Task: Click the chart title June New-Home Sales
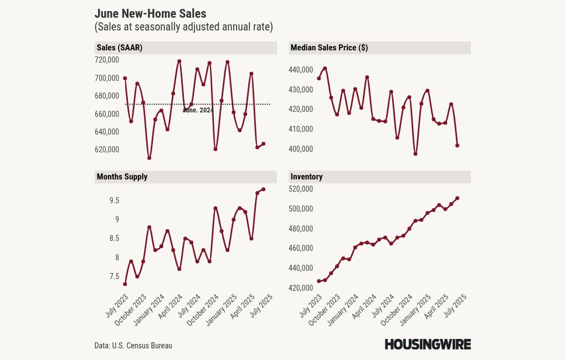pyautogui.click(x=150, y=14)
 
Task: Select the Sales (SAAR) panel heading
pyautogui.click(x=119, y=48)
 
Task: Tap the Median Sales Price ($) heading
pyautogui.click(x=329, y=48)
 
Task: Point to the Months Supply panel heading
pyautogui.click(x=122, y=177)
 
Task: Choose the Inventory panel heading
pyautogui.click(x=306, y=177)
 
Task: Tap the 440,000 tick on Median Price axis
pyautogui.click(x=301, y=70)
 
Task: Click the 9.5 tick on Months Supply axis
pyautogui.click(x=114, y=200)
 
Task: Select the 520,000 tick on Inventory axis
pyautogui.click(x=301, y=189)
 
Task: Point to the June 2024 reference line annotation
pyautogui.click(x=198, y=110)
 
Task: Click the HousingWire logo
pyautogui.click(x=428, y=344)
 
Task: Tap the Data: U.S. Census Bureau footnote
pyautogui.click(x=133, y=346)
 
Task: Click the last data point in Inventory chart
pyautogui.click(x=458, y=198)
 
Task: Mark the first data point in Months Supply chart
pyautogui.click(x=125, y=284)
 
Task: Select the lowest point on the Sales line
pyautogui.click(x=150, y=158)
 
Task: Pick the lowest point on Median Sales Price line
pyautogui.click(x=415, y=154)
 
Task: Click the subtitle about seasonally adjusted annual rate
pyautogui.click(x=183, y=27)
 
